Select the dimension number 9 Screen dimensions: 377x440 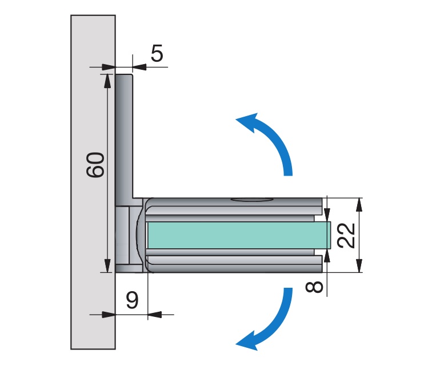tap(131, 299)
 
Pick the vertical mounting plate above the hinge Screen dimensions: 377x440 tap(125, 137)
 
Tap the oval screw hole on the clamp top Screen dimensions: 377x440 tap(250, 200)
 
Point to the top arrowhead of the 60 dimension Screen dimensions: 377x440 tap(107, 80)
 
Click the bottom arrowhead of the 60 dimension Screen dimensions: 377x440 tap(107, 266)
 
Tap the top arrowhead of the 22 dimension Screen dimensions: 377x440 tap(359, 204)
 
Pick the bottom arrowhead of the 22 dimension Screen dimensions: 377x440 tap(359, 266)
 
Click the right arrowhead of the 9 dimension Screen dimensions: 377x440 tap(154, 313)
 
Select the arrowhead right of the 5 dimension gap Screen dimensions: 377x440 tap(139, 67)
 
